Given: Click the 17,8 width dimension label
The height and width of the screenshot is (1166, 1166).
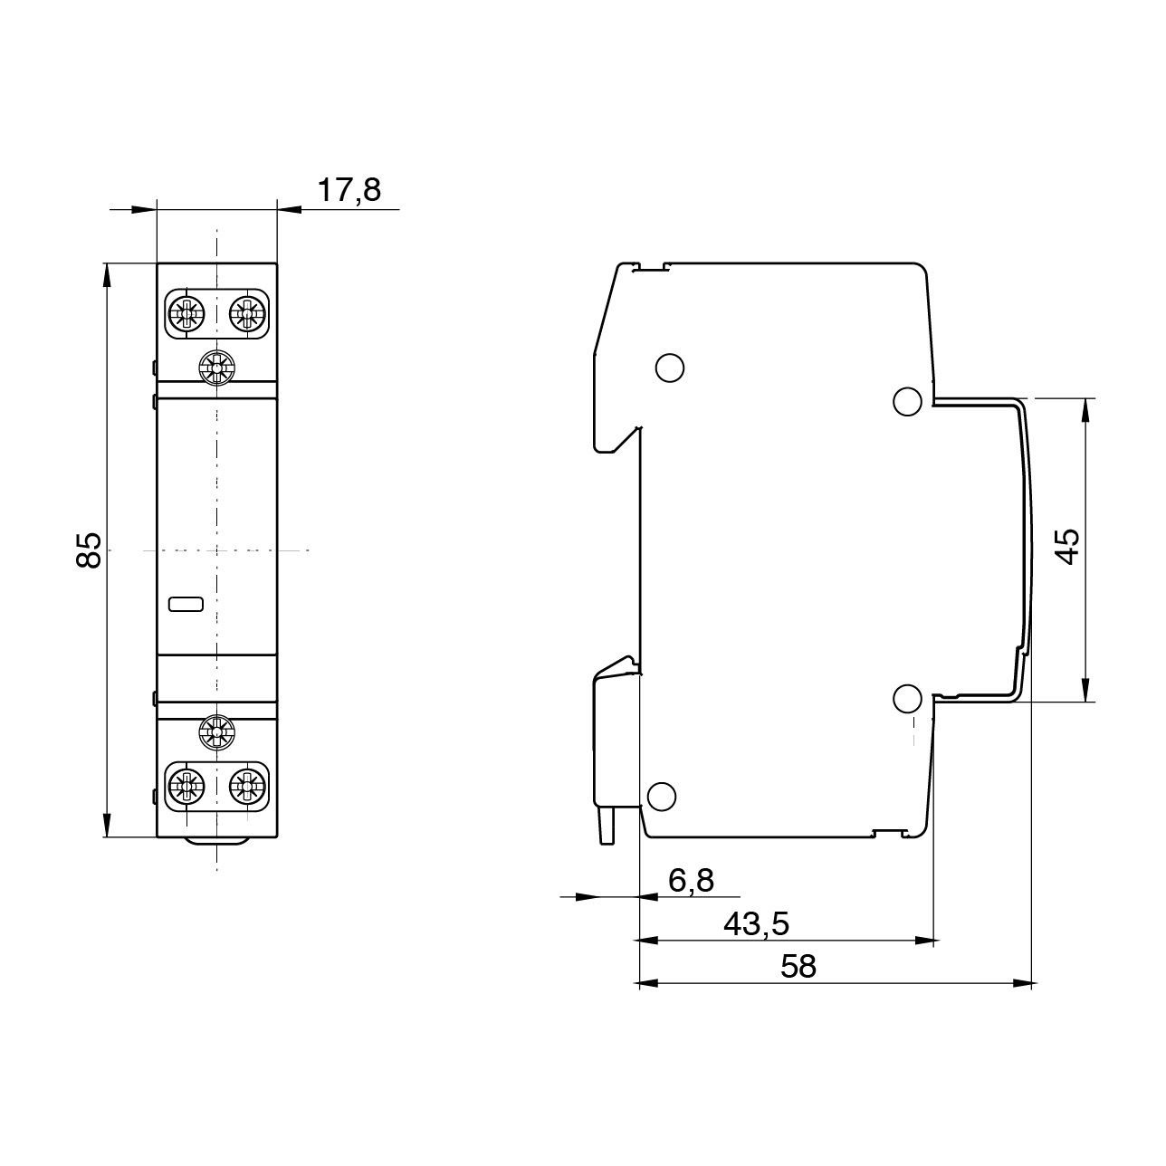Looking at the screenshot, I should [x=349, y=190].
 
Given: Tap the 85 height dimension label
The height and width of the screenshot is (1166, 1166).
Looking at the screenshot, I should [x=88, y=550].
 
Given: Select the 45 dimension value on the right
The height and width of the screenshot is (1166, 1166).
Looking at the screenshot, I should [x=1068, y=546].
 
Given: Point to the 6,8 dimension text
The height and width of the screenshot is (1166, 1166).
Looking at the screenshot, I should [x=691, y=879].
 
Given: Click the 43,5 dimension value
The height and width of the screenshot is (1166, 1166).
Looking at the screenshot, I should [x=757, y=923].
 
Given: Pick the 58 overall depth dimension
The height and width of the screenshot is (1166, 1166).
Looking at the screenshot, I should [x=798, y=966].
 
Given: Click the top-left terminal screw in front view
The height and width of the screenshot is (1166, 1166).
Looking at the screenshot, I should [x=187, y=314].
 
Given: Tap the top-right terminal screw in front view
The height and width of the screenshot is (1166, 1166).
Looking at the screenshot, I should [x=246, y=314].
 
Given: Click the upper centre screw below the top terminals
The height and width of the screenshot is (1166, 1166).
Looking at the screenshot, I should [x=216, y=368].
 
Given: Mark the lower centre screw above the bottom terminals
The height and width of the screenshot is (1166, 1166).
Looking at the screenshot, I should [x=216, y=731].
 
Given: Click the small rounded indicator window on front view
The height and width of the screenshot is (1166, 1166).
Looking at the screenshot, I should [x=186, y=604].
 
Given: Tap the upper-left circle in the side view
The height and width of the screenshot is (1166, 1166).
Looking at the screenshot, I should [x=668, y=367].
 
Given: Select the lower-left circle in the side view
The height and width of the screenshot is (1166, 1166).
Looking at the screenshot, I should [x=661, y=796].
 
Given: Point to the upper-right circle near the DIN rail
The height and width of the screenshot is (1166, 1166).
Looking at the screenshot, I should [x=907, y=401].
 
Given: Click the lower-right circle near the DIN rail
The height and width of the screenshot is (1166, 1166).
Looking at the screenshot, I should [x=907, y=698].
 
